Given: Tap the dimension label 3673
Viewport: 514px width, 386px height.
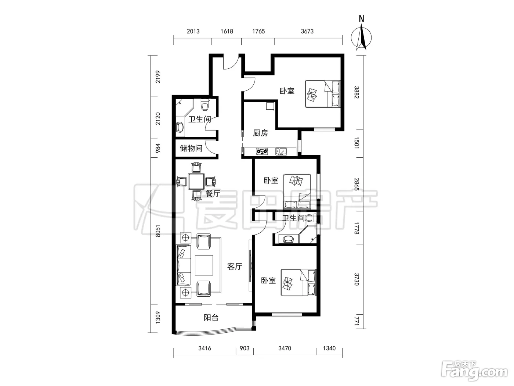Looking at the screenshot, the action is point(307,31).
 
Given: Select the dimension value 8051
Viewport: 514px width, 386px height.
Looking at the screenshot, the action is point(158,231).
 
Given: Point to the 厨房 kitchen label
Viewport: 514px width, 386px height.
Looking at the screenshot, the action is point(260,133).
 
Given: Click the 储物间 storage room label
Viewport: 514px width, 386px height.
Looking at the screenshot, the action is point(191,148).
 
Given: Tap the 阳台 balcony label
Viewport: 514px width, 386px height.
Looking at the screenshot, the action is point(211,318).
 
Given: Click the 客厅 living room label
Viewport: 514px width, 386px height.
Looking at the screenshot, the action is point(235,266).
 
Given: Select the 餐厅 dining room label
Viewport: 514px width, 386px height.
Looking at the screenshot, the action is point(213,193).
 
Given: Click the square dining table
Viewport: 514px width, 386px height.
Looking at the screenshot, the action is point(196,181).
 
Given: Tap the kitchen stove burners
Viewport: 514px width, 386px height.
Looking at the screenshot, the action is point(262,151).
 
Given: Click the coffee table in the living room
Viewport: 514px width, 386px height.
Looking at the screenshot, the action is point(204,265).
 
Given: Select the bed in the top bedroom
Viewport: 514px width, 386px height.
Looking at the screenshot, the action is point(322,94).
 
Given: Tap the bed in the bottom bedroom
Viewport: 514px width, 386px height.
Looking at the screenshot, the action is point(298,282).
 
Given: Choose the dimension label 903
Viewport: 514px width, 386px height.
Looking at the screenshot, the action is point(245,348).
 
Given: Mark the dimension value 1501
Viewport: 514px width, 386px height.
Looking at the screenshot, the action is point(356,143).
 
